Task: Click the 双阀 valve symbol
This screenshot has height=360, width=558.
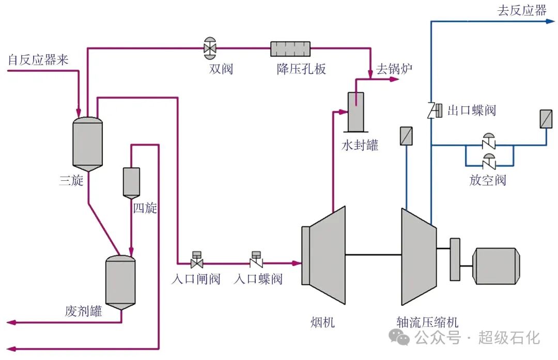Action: pyautogui.click(x=210, y=48)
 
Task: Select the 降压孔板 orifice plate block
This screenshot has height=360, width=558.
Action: pyautogui.click(x=290, y=49)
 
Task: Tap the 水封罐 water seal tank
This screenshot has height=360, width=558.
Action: pyautogui.click(x=355, y=112)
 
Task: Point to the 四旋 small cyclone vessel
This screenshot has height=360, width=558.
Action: pyautogui.click(x=131, y=182)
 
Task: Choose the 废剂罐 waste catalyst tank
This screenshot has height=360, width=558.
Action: pyautogui.click(x=120, y=282)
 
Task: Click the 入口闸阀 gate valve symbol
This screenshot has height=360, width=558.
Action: pyautogui.click(x=196, y=263)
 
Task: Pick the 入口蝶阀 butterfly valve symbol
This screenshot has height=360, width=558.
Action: pyautogui.click(x=255, y=262)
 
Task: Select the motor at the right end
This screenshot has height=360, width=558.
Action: pyautogui.click(x=497, y=265)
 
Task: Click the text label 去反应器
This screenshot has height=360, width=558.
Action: pyautogui.click(x=521, y=10)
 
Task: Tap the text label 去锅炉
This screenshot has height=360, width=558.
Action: pyautogui.click(x=394, y=69)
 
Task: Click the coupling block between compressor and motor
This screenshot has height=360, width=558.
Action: pyautogui.click(x=455, y=259)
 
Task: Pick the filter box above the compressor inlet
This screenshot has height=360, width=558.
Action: pyautogui.click(x=406, y=135)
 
